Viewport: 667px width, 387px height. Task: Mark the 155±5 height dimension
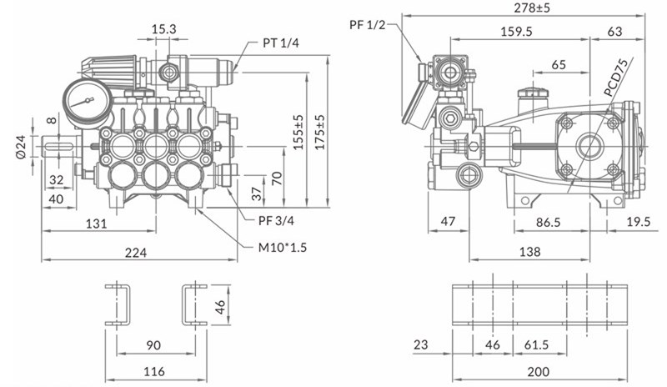pos(299,133)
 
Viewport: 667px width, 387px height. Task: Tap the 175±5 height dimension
pos(321,133)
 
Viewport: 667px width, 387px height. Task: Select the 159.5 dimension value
pos(519,31)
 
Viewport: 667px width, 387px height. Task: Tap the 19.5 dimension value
pos(639,223)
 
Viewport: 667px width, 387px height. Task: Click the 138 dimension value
pos(529,251)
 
